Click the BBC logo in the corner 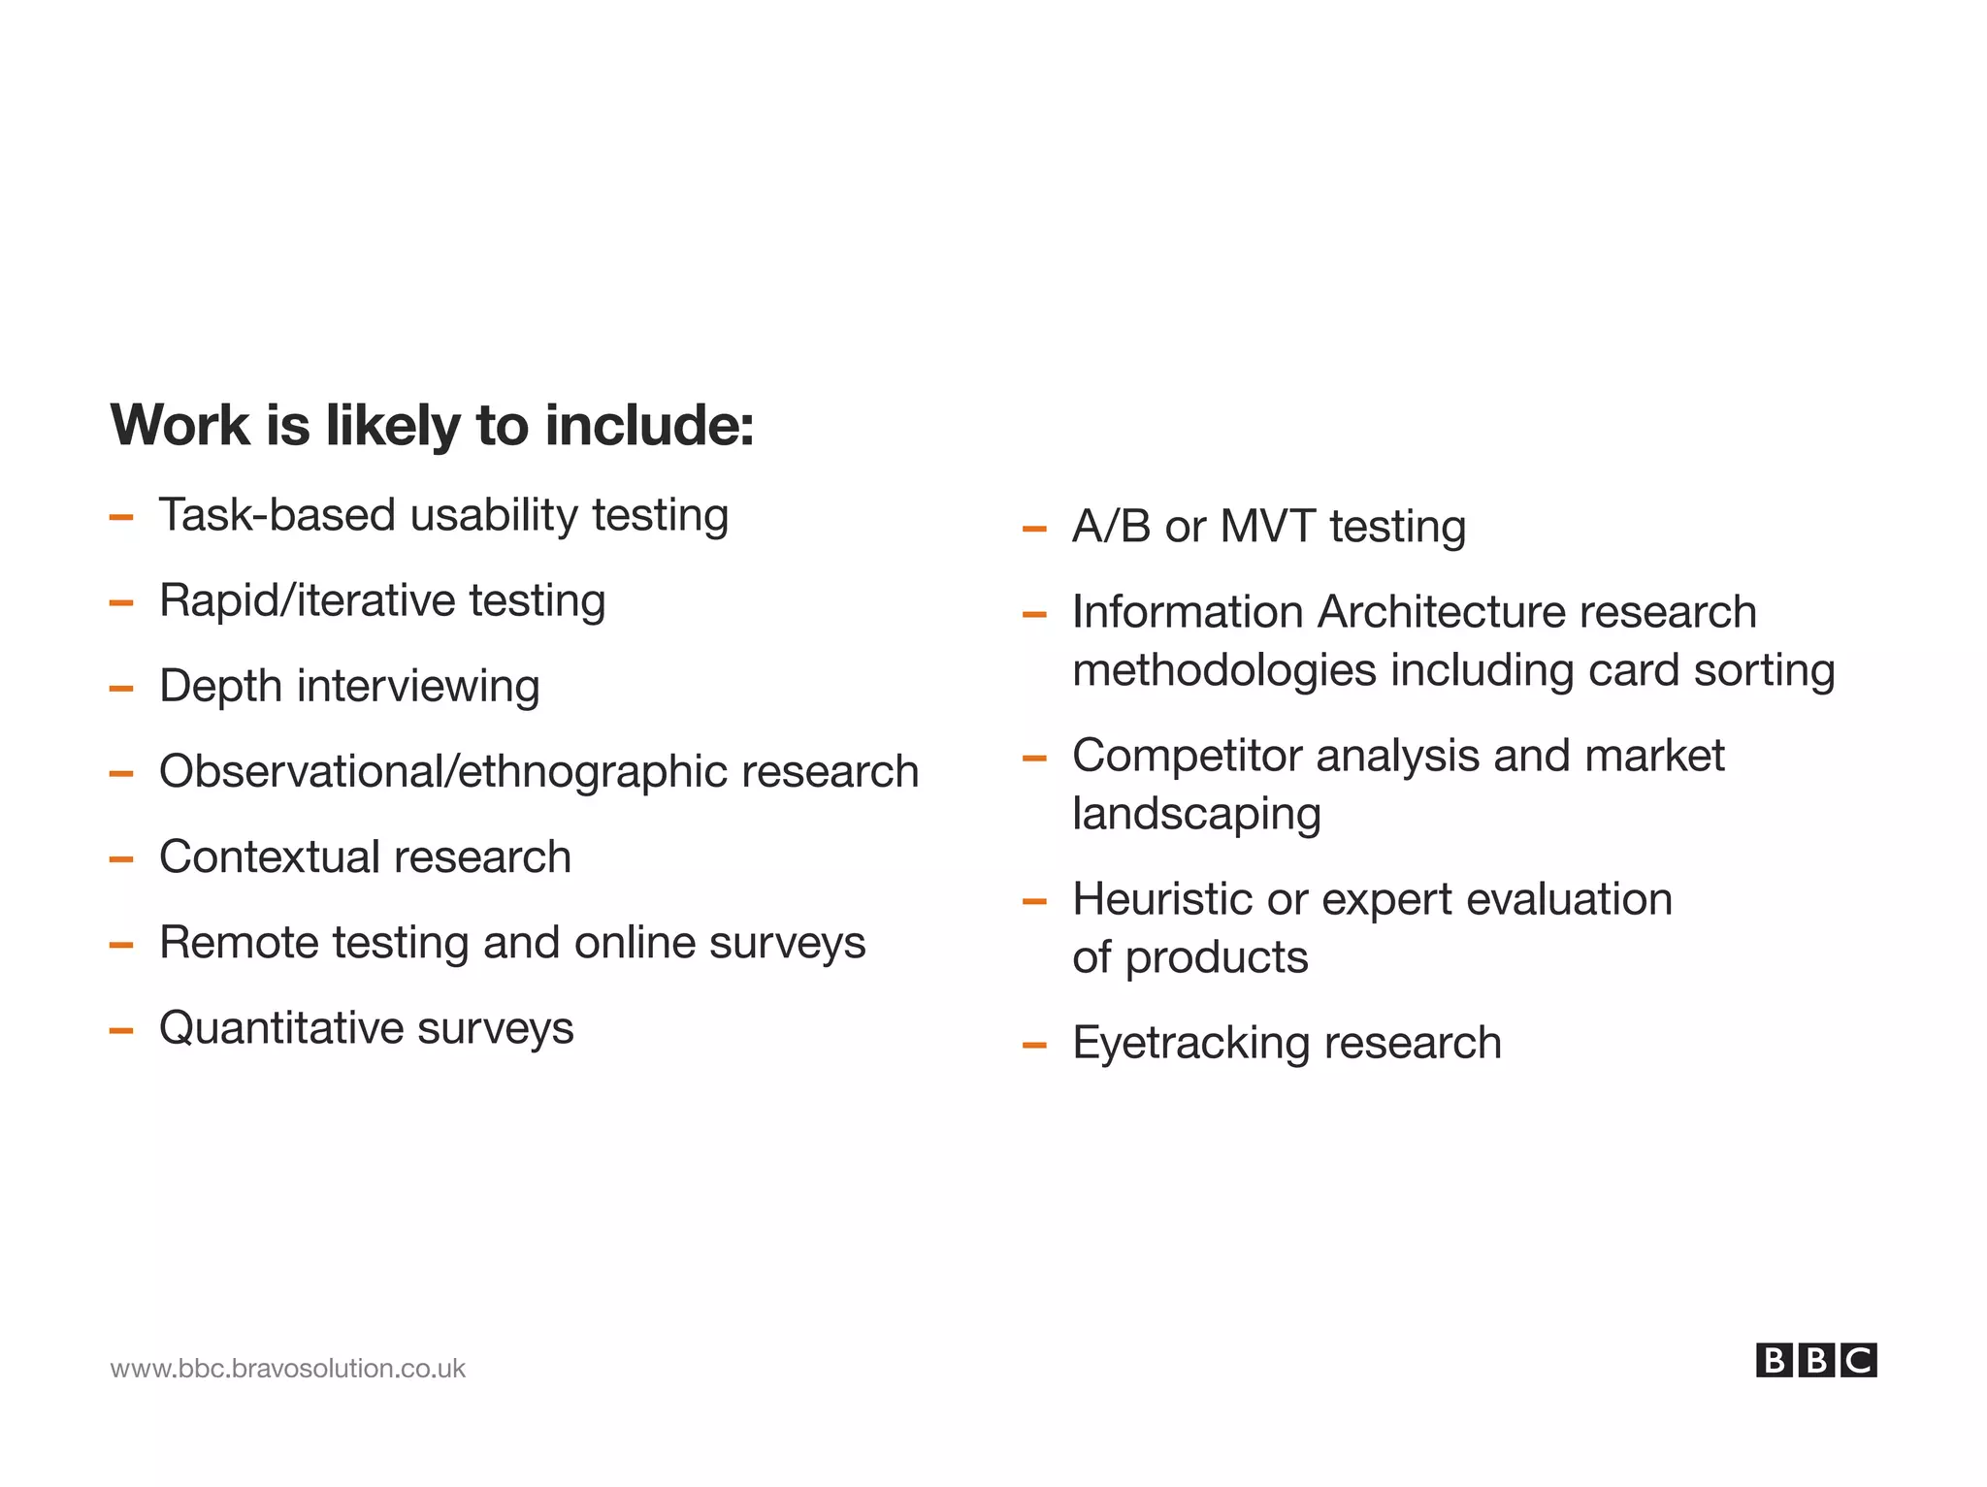(x=1815, y=1360)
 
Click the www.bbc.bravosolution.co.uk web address (x=287, y=1369)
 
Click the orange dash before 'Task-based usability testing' (x=121, y=518)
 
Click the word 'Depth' (x=220, y=687)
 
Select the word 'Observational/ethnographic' (x=442, y=772)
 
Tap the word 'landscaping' (x=1196, y=815)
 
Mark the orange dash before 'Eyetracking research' (x=1034, y=1046)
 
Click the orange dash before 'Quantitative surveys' (x=121, y=1031)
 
